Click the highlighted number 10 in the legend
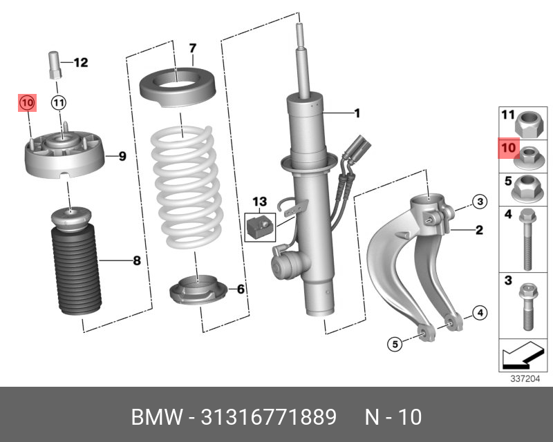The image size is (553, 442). tap(508, 148)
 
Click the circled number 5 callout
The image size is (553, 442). tap(394, 343)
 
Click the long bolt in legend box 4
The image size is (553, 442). tap(527, 238)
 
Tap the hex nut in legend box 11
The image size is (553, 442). tap(529, 124)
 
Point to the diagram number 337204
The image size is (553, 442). tap(524, 378)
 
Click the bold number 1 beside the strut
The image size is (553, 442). tap(357, 113)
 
